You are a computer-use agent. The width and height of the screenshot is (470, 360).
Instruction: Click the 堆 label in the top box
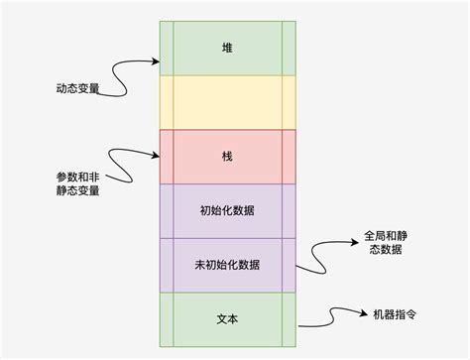tap(227, 47)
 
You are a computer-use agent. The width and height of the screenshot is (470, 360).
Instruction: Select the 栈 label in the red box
tap(227, 157)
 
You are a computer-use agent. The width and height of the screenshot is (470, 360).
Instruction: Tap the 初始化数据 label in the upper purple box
tap(227, 211)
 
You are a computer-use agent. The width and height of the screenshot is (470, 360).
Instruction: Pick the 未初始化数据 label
tap(227, 266)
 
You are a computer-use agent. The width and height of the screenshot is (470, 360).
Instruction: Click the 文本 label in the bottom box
tap(227, 320)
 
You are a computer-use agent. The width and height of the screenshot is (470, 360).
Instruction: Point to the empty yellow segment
tap(227, 102)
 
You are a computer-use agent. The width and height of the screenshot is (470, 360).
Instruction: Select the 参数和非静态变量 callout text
tap(77, 182)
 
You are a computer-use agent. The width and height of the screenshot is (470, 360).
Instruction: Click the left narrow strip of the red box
tap(166, 157)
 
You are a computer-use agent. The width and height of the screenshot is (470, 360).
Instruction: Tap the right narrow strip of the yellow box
tap(289, 102)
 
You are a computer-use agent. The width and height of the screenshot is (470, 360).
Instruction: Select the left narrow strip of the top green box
tap(166, 47)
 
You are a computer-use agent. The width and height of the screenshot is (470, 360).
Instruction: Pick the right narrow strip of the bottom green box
tap(289, 320)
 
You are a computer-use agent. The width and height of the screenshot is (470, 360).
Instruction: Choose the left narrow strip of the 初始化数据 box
tap(166, 211)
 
